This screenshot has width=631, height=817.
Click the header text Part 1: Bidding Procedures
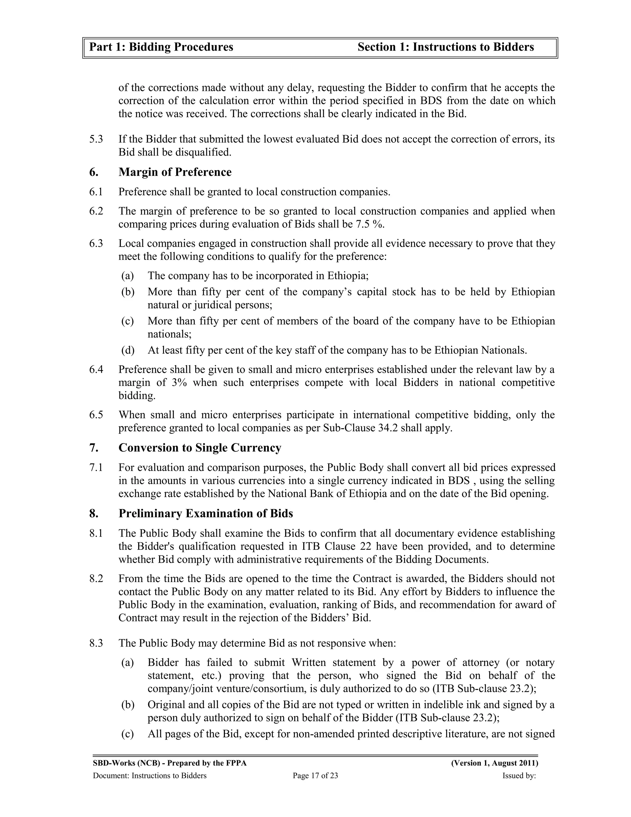pos(161,47)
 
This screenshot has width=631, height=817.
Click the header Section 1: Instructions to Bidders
pos(446,47)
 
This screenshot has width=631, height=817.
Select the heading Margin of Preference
pos(175,172)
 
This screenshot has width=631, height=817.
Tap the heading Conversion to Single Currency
pos(200,448)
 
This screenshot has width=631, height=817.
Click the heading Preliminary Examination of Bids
pos(206,514)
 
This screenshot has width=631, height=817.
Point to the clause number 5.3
pos(96,140)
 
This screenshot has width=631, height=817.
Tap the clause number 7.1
pos(96,468)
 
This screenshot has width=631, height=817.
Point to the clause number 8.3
pos(96,643)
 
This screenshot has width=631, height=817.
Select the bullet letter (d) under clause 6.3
pos(128,351)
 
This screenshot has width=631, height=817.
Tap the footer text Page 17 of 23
pos(315,776)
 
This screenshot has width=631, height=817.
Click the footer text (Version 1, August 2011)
pos(495,763)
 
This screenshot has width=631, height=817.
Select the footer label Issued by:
pos(519,776)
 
